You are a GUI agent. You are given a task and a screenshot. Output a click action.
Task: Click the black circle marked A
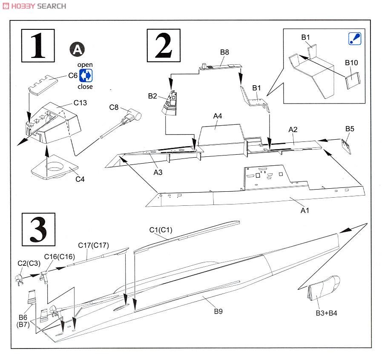77,50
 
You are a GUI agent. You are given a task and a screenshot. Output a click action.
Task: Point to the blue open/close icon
86,76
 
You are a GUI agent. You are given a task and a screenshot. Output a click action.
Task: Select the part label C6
73,76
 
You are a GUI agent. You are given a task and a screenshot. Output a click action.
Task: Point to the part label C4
80,179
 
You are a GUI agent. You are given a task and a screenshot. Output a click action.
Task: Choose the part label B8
224,52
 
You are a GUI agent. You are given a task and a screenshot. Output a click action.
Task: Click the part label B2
153,96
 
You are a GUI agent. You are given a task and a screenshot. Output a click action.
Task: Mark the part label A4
218,115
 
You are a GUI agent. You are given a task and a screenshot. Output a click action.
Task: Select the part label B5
350,128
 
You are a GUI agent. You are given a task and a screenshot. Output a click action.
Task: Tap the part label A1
305,210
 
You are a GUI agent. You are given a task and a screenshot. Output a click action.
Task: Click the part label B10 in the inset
351,63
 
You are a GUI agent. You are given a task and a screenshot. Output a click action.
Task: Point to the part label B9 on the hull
218,311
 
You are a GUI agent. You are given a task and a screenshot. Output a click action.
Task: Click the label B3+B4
326,313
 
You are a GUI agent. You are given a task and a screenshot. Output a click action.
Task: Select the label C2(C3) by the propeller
29,263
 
